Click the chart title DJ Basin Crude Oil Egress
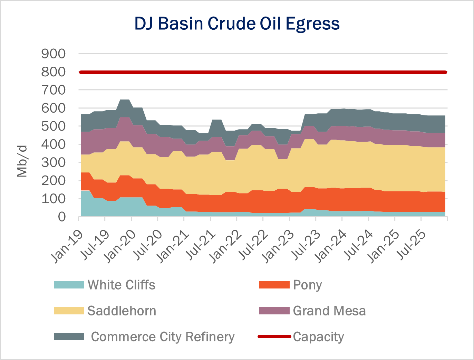coord(237,23)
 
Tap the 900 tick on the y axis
coord(53,54)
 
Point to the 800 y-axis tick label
coord(53,72)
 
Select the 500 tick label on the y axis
coord(53,126)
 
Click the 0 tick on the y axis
coord(61,217)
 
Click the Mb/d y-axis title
coord(22,161)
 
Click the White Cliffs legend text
coord(121,285)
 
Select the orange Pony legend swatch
coord(274,285)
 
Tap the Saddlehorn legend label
coord(122,311)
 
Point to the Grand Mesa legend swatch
coord(274,311)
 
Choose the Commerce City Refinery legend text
coord(163,337)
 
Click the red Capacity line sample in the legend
coord(274,337)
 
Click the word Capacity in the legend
coord(318,337)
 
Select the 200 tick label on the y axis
coord(53,180)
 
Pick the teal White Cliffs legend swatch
coord(69,285)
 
